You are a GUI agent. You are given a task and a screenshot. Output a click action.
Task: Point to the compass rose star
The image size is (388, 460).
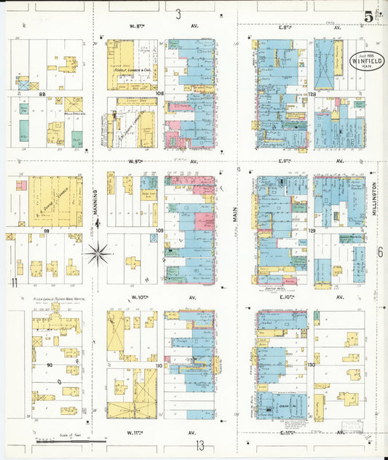pos(98,253)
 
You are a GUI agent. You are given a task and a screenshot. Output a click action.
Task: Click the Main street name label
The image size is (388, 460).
pos(234,212)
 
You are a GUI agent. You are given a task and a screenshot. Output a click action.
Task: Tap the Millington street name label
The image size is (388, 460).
pos(375,199)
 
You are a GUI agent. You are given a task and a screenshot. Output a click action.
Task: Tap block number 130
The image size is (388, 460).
pos(312,364)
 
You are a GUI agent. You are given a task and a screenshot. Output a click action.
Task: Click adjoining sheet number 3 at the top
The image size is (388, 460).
pos(178,14)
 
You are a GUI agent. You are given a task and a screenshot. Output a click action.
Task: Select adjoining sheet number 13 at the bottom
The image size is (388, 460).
pos(199,445)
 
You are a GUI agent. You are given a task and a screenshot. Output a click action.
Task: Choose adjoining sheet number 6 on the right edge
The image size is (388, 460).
pos(379,253)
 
